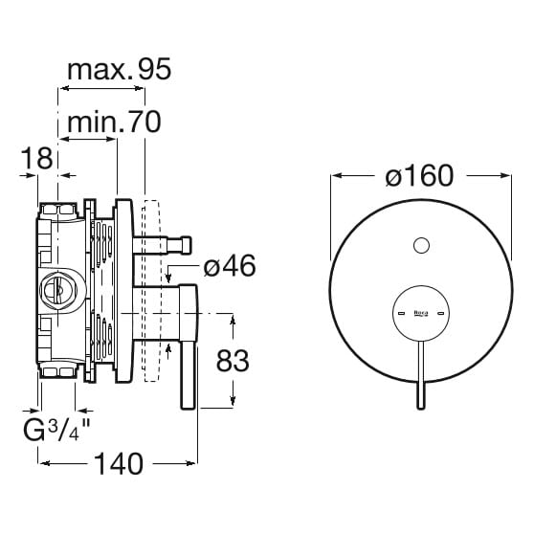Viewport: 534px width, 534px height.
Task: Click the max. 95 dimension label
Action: pyautogui.click(x=120, y=70)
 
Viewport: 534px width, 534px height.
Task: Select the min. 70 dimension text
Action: pyautogui.click(x=114, y=122)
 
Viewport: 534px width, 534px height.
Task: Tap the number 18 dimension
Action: pyautogui.click(x=36, y=158)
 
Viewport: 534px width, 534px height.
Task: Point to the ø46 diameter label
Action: pyautogui.click(x=230, y=266)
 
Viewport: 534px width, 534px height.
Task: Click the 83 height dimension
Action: pyautogui.click(x=233, y=361)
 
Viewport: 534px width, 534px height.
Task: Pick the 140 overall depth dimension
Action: pyautogui.click(x=119, y=464)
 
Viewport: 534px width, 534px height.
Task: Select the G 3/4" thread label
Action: pyautogui.click(x=56, y=430)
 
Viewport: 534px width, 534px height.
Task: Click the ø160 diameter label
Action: pyautogui.click(x=419, y=175)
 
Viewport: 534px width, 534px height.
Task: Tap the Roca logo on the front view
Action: pyautogui.click(x=421, y=313)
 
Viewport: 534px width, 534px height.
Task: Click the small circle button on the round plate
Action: pyautogui.click(x=421, y=246)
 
